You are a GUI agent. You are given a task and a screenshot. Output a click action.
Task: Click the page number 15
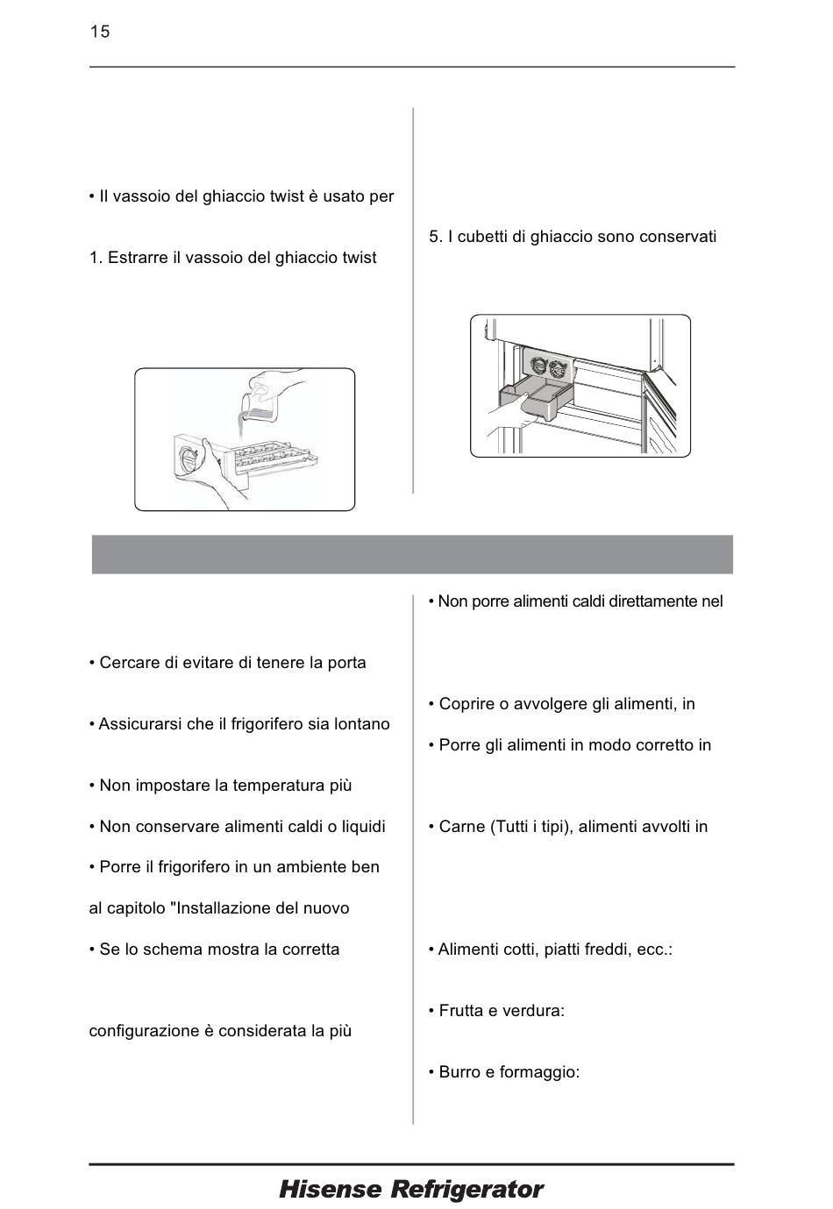pos(99,32)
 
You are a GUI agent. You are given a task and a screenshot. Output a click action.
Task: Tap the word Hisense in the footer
pos(330,1190)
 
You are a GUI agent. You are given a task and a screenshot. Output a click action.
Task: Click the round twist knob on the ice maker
pos(189,458)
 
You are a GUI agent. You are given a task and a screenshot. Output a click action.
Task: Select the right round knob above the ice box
pos(558,367)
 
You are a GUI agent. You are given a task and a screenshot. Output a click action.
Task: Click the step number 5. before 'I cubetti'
pos(436,237)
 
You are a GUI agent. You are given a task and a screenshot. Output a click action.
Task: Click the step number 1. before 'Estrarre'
pos(96,258)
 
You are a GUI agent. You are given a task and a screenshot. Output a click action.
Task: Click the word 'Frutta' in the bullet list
pos(463,1011)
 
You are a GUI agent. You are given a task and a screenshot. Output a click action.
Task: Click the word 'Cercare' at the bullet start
pos(128,663)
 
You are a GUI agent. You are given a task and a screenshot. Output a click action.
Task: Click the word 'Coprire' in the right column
pos(466,704)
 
